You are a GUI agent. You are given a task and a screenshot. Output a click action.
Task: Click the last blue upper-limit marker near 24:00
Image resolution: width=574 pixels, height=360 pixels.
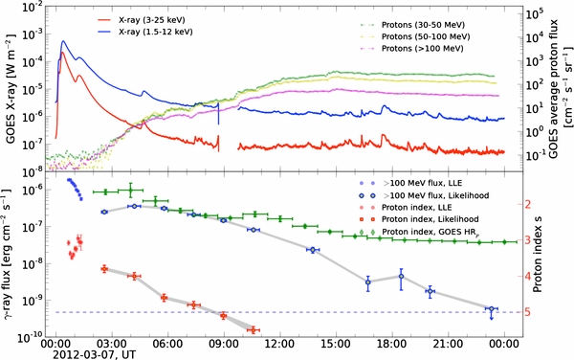[x=490, y=309]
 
